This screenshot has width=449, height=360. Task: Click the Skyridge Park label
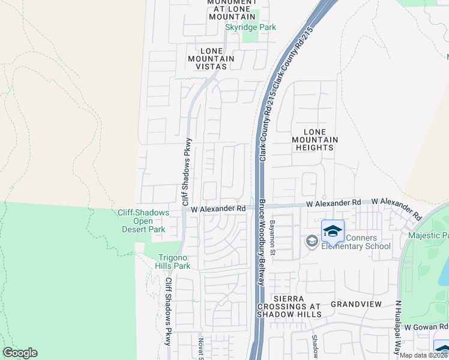[250, 28]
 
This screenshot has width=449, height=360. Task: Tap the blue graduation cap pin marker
[333, 230]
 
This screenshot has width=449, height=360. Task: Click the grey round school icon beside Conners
[312, 241]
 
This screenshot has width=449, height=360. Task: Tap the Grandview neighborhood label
[356, 304]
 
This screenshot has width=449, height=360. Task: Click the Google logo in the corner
[20, 353]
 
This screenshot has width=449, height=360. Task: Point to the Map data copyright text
[424, 355]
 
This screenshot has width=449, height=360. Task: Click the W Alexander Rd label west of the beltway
[218, 208]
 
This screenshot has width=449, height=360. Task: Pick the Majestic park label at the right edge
[428, 235]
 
